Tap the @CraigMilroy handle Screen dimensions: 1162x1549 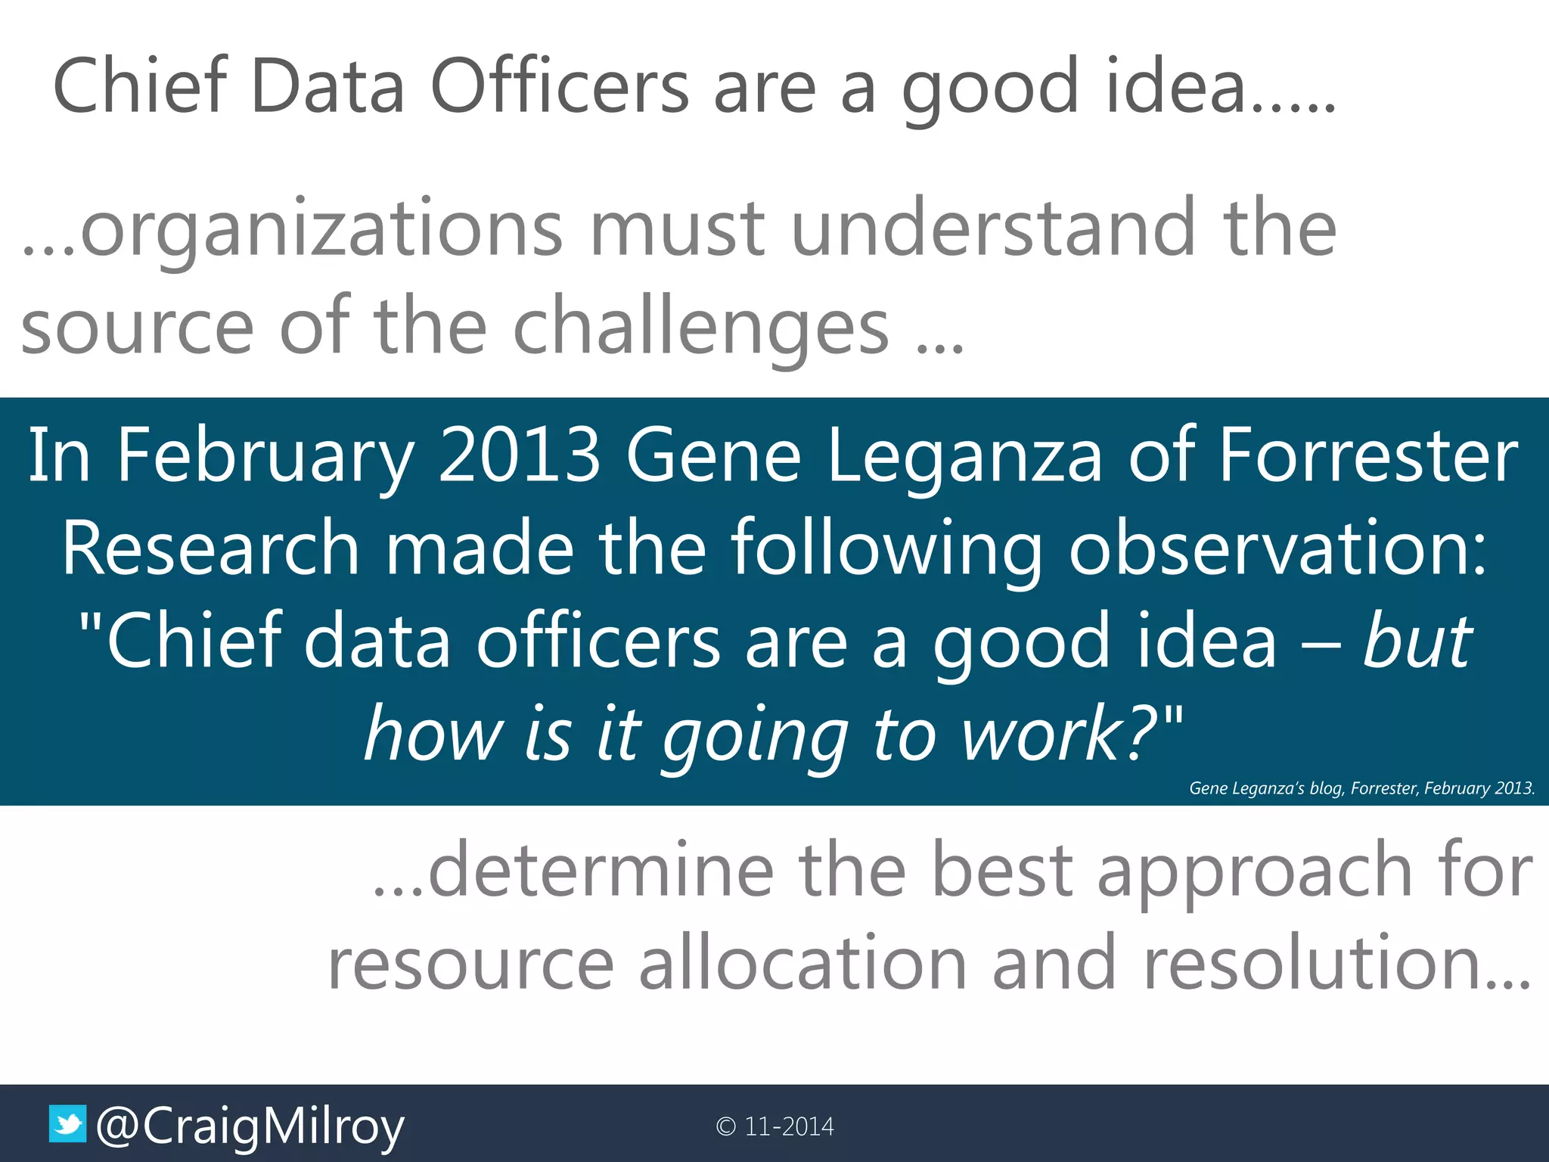point(250,1127)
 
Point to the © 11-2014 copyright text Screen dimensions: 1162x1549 point(774,1126)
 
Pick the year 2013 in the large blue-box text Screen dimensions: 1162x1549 point(520,455)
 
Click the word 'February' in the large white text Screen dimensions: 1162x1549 point(265,457)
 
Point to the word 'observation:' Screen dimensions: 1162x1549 point(1277,548)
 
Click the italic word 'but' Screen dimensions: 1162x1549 point(1417,642)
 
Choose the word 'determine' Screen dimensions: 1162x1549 point(601,871)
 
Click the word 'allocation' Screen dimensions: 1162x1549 point(802,963)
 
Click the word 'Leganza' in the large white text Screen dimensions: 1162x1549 point(965,457)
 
